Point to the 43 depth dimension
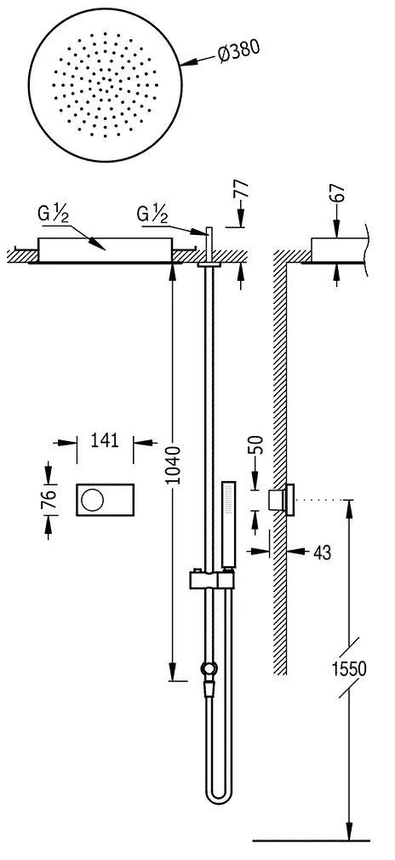pyautogui.click(x=322, y=553)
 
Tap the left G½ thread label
pyautogui.click(x=49, y=213)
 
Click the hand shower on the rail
pyautogui.click(x=228, y=524)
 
